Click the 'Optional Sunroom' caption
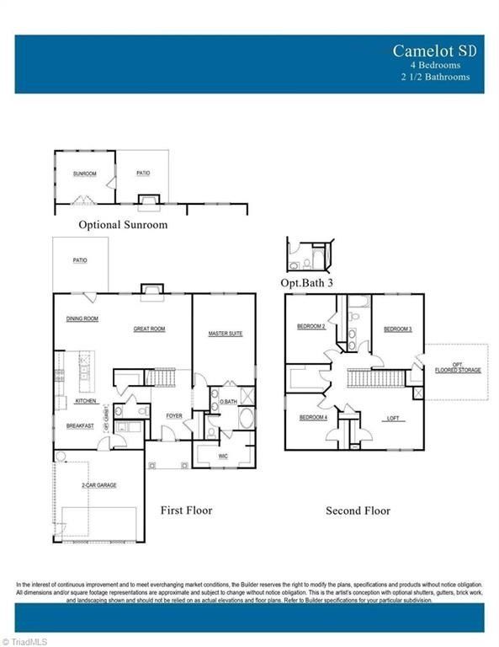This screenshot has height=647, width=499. pyautogui.click(x=123, y=225)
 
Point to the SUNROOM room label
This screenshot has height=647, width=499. pyautogui.click(x=85, y=173)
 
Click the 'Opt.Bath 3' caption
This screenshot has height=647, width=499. pyautogui.click(x=307, y=283)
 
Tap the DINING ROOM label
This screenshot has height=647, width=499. pyautogui.click(x=82, y=318)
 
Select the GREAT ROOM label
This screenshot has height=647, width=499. pyautogui.click(x=149, y=329)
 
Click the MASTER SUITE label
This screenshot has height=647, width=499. pyautogui.click(x=226, y=334)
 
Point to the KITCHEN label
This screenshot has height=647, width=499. pyautogui.click(x=86, y=401)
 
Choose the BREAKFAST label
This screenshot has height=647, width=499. pyautogui.click(x=81, y=426)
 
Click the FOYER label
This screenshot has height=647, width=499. pyautogui.click(x=173, y=415)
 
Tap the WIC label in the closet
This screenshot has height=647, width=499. pyautogui.click(x=223, y=456)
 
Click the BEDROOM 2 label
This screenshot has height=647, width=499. pyautogui.click(x=311, y=326)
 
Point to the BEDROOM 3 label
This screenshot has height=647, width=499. pyautogui.click(x=397, y=329)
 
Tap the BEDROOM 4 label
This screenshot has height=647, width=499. pyautogui.click(x=314, y=417)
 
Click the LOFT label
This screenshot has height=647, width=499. pyautogui.click(x=393, y=418)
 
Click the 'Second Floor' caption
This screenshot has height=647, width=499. pyautogui.click(x=358, y=511)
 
